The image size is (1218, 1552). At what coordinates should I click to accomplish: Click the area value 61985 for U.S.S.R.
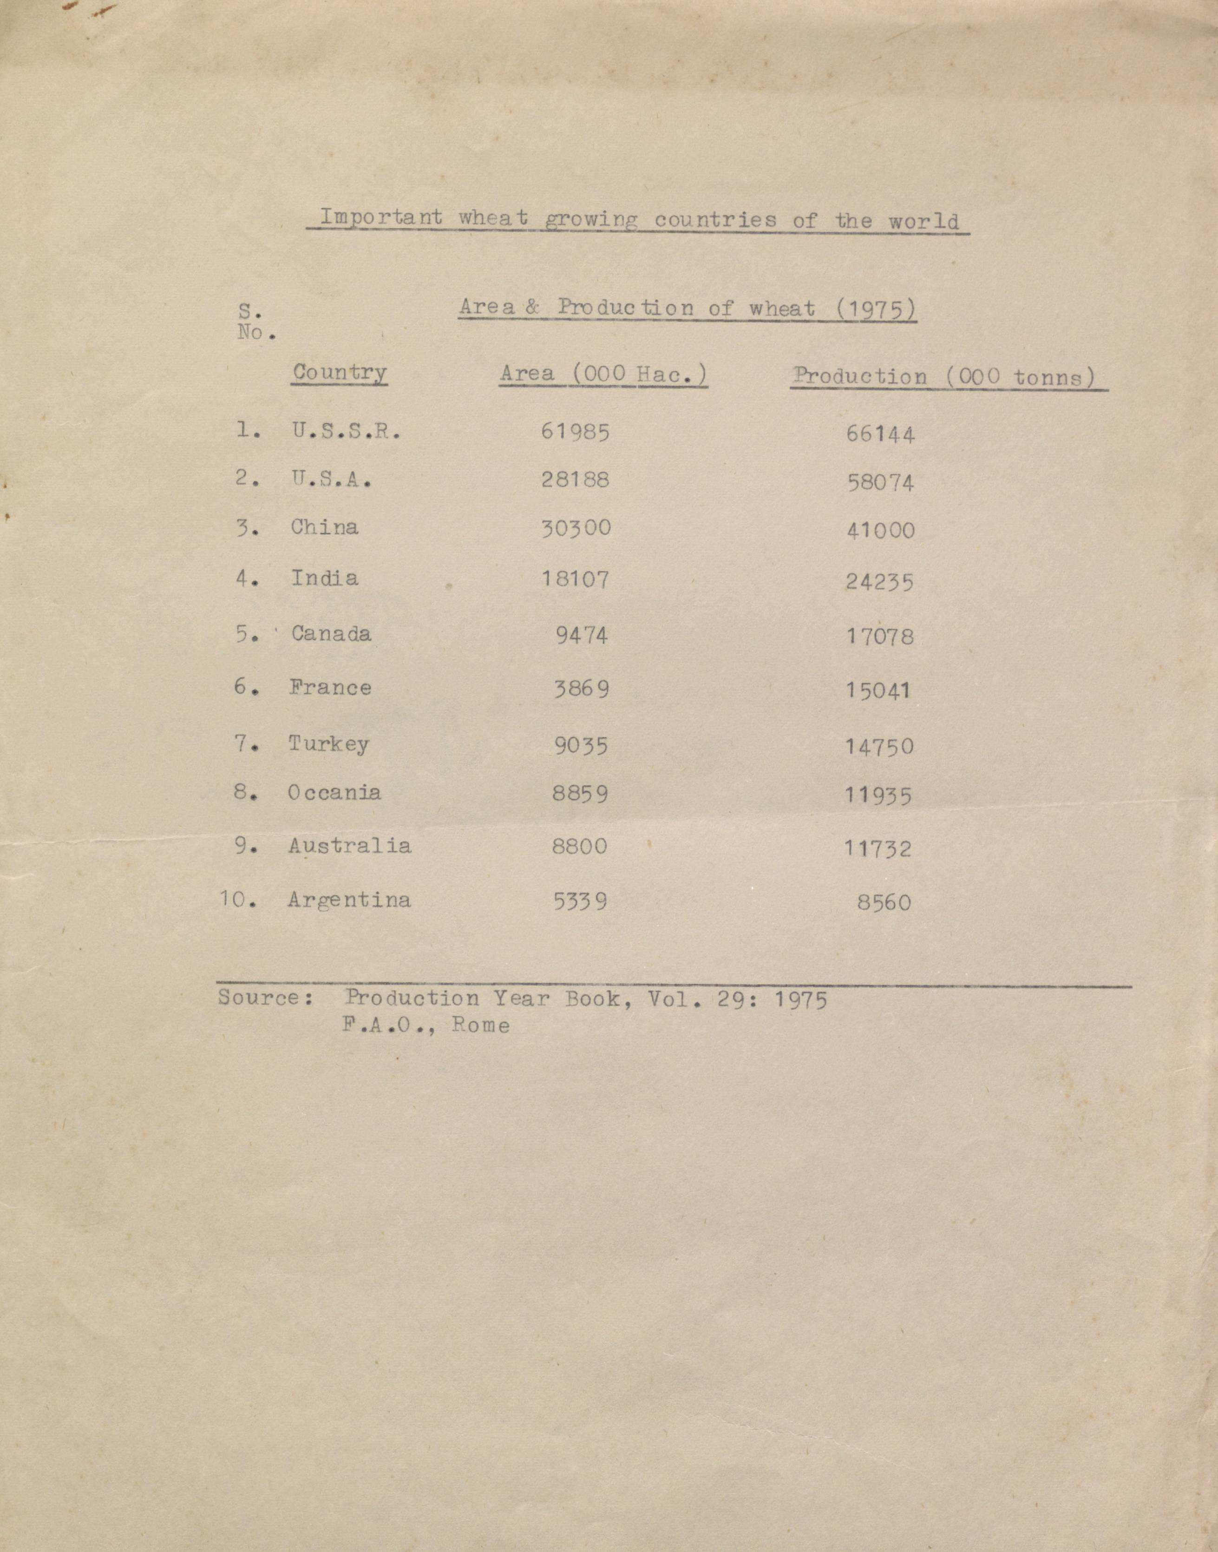(575, 432)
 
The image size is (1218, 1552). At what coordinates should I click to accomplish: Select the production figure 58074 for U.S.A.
(880, 483)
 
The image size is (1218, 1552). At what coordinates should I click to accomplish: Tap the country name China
(324, 527)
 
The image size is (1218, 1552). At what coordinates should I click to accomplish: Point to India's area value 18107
(575, 579)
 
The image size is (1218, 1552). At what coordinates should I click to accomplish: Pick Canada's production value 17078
(880, 636)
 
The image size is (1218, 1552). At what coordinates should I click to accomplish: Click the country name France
(330, 688)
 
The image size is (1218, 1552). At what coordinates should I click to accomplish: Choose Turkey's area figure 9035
(581, 745)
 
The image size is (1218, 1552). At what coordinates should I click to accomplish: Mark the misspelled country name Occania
(334, 792)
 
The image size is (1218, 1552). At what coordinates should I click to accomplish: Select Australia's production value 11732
(878, 848)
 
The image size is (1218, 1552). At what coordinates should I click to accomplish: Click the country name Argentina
(349, 900)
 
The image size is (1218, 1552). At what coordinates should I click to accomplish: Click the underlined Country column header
(340, 372)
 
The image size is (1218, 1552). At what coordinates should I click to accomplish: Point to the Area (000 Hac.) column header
(603, 374)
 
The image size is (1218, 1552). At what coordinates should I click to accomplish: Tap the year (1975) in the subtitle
(876, 309)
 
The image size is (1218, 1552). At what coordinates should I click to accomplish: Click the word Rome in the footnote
(481, 1026)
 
